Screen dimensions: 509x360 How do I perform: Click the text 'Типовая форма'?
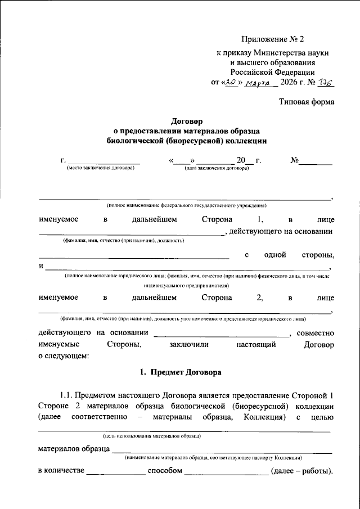tap(307, 102)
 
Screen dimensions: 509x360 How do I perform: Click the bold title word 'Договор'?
tap(186, 120)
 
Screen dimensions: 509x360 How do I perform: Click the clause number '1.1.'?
tap(66, 395)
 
